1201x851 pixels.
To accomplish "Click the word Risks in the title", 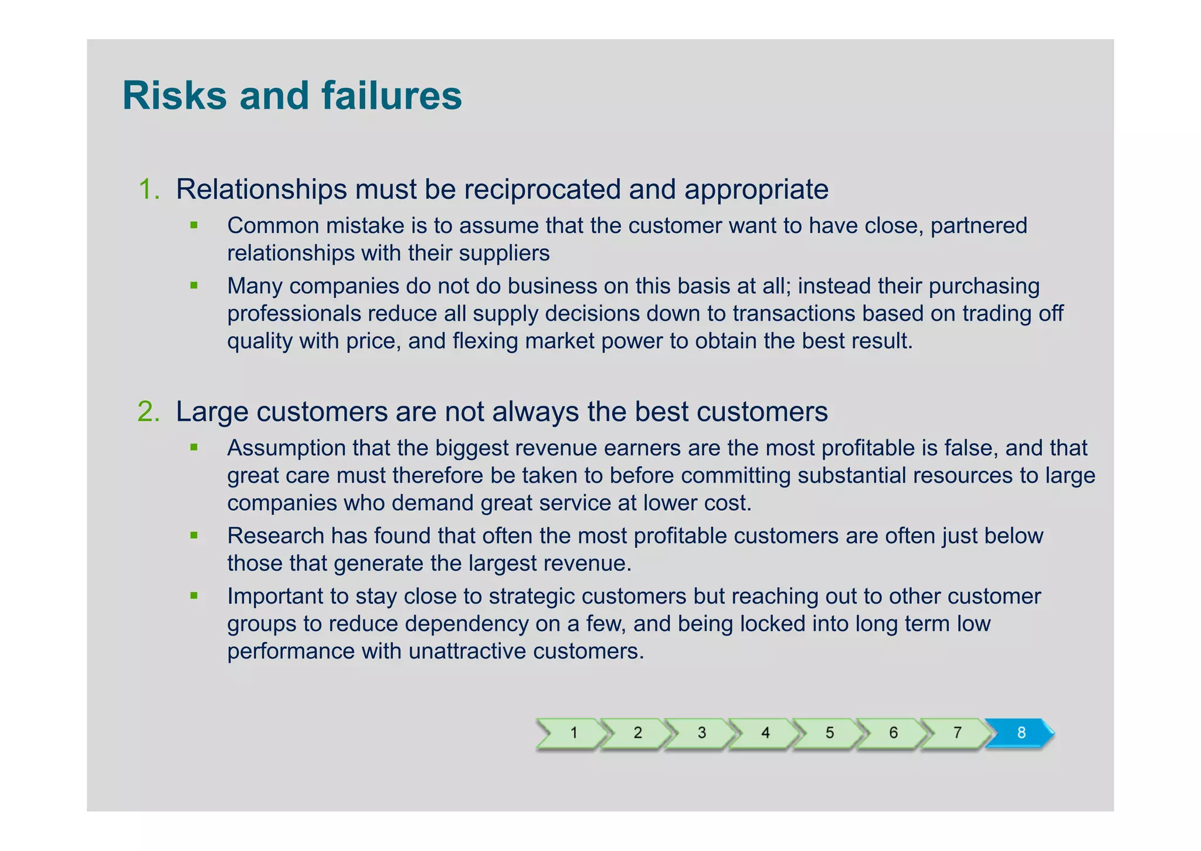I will (x=174, y=96).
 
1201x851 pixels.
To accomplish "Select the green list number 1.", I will (x=148, y=189).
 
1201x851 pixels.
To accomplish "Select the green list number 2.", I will (x=148, y=412).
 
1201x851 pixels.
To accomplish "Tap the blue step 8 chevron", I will (x=1020, y=733).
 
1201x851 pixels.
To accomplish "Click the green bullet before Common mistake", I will (x=194, y=225).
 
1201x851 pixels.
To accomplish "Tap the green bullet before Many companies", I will (x=194, y=286).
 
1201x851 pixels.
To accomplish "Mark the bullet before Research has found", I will (x=194, y=535).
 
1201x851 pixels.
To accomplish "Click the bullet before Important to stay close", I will (x=194, y=596).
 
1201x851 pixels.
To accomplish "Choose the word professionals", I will (x=293, y=314).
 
